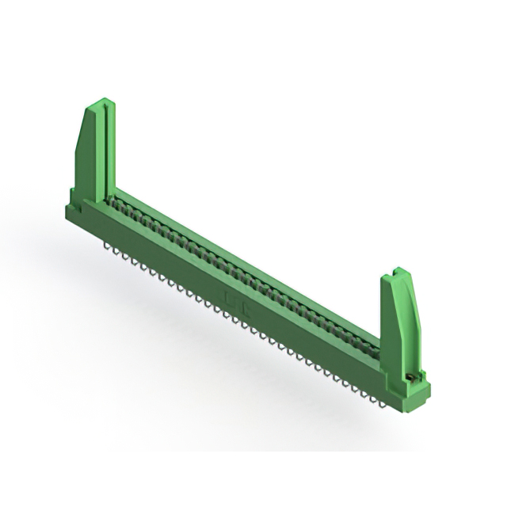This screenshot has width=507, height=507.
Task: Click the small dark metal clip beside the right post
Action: tap(410, 374)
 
